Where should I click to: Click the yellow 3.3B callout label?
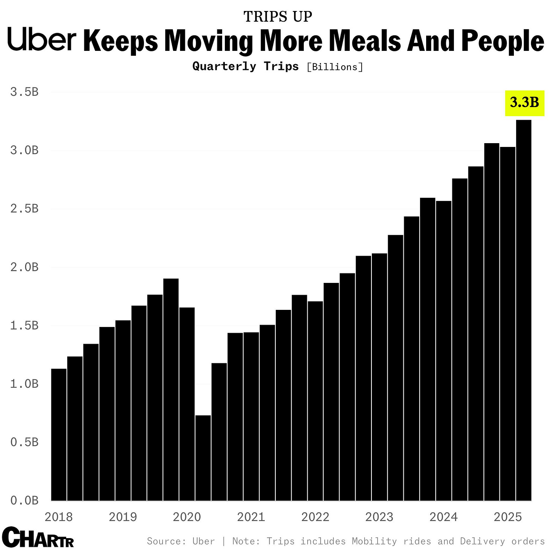pos(525,103)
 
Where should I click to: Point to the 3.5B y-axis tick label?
pos(25,92)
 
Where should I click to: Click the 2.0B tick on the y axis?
pos(25,267)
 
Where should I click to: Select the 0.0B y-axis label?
pos(25,500)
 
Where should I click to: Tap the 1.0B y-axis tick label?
pos(25,384)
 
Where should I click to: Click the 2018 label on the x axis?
pos(58,517)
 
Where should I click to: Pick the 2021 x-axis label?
pos(251,517)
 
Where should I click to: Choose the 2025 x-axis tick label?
pos(507,517)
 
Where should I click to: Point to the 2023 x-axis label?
pos(379,517)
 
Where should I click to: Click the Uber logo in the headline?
pos(42,39)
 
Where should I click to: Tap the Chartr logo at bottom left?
pos(38,537)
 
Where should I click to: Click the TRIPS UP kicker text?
pos(278,17)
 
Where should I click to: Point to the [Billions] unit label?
pos(335,67)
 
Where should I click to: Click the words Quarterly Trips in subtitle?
pos(246,66)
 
